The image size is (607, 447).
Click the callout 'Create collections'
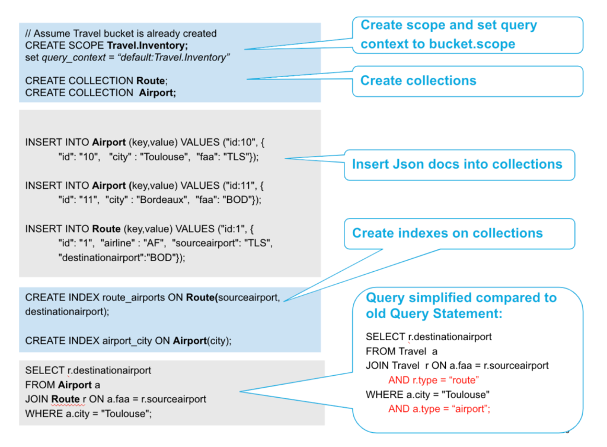tap(418, 81)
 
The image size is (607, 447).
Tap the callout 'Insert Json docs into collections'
tap(456, 164)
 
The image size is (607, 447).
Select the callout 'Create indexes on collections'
tap(448, 233)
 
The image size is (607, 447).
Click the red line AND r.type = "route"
tap(433, 380)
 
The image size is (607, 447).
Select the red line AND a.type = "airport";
tap(440, 408)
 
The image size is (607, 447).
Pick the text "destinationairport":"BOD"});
tap(122, 257)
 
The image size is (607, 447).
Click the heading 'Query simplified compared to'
tap(461, 297)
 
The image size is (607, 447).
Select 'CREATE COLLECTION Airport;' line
tap(101, 93)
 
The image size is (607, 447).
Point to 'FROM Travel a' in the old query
tap(402, 351)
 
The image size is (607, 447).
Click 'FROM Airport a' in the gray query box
tap(63, 385)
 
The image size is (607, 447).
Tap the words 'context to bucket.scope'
tap(437, 44)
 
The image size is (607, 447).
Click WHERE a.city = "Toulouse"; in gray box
tap(89, 414)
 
